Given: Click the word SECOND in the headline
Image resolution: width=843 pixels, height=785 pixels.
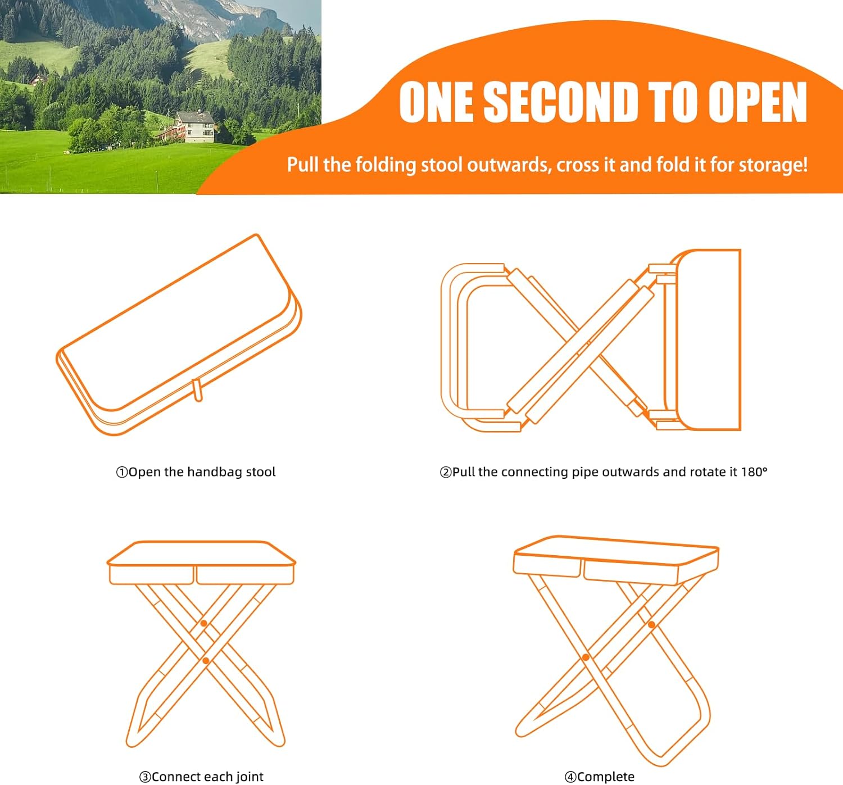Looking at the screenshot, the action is click(561, 102).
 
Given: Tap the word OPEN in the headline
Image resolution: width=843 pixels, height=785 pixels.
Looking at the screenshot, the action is click(757, 102).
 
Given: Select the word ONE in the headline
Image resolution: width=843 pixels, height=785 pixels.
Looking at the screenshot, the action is click(436, 102).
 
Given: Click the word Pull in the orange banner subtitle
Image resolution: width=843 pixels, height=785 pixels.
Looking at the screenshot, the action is click(303, 164).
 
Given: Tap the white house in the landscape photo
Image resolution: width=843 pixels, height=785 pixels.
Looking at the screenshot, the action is click(195, 126).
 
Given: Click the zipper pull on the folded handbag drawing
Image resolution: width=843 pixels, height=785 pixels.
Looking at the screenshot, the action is click(197, 390).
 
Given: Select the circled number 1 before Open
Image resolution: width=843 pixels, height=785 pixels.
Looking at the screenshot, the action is click(122, 472).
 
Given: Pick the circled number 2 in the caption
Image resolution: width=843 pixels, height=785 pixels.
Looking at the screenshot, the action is click(446, 472).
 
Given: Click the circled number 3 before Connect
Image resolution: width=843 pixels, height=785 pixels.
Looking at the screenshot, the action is click(145, 777).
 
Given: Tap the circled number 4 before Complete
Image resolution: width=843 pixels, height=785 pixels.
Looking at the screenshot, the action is click(570, 777).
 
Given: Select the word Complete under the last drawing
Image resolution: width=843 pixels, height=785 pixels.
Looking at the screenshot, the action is click(606, 777).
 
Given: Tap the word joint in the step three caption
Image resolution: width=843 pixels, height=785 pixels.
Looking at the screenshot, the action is click(250, 777).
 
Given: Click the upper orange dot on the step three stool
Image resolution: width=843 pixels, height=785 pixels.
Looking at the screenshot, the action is click(204, 623).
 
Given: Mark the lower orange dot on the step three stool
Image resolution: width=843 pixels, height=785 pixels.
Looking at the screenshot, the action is click(206, 661).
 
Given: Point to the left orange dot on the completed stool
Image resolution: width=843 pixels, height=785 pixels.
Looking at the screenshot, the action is click(586, 657).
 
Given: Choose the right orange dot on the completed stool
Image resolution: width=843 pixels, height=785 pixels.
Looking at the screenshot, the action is click(652, 624).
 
